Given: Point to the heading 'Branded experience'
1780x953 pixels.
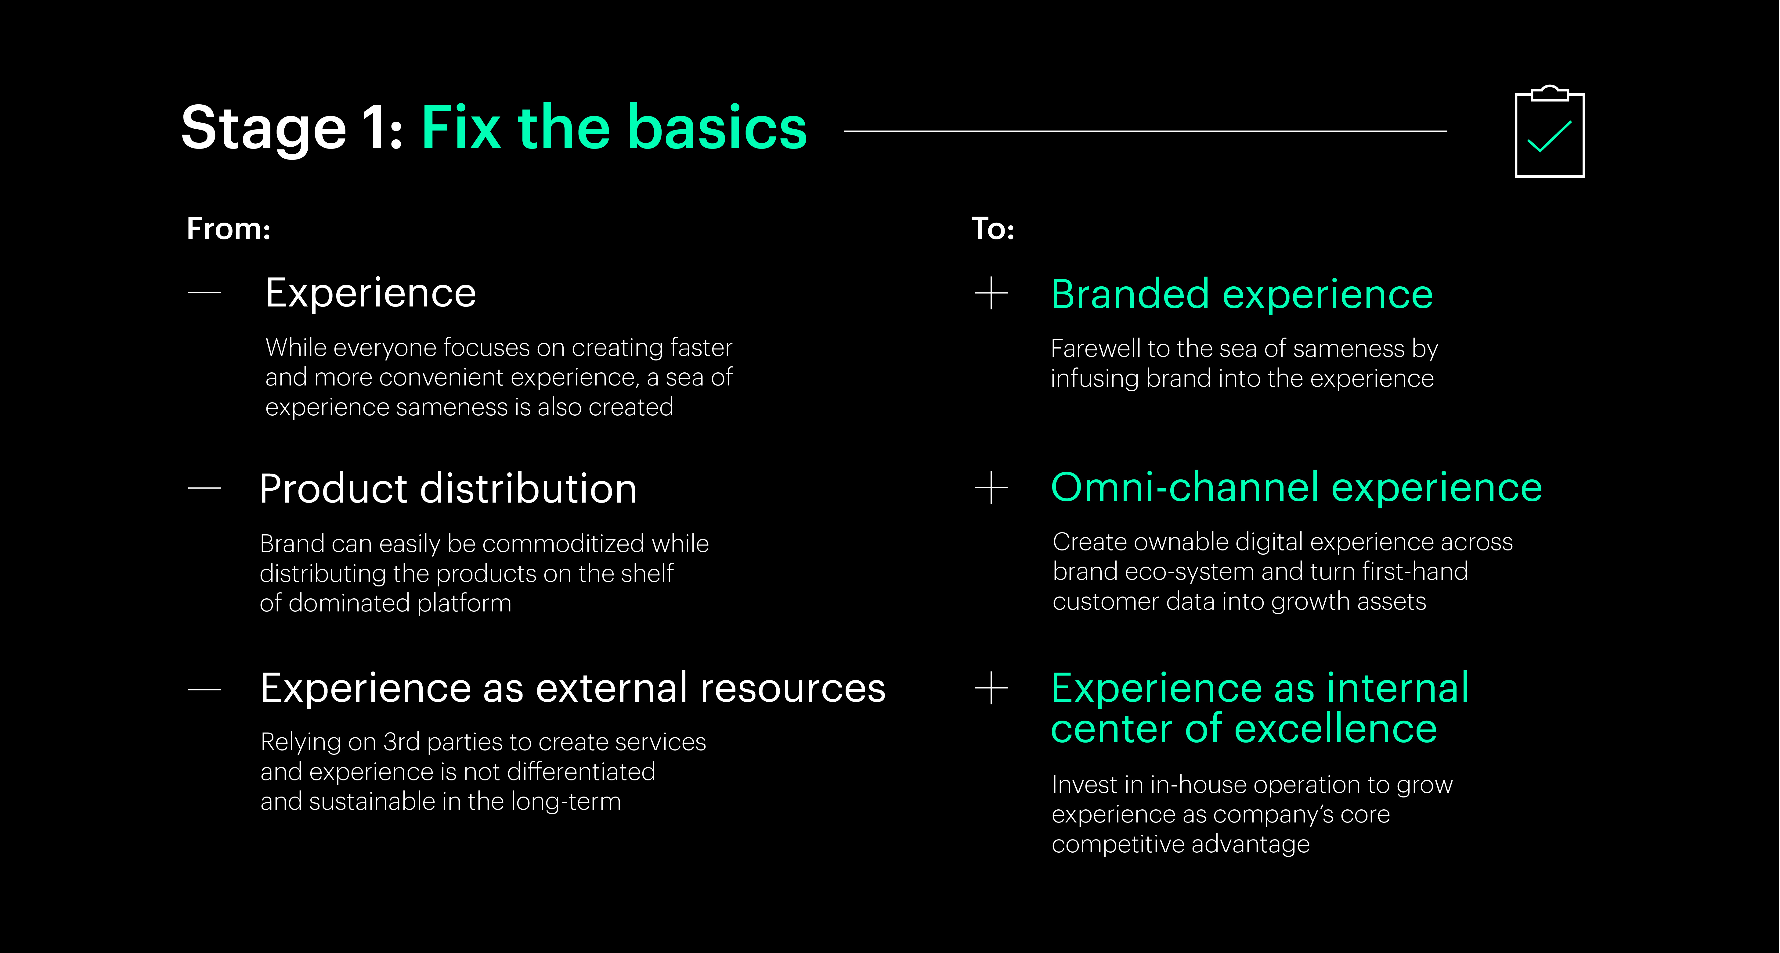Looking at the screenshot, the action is (x=1242, y=295).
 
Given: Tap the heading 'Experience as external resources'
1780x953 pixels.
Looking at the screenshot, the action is (x=573, y=689).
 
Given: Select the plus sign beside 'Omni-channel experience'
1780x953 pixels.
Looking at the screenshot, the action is (x=991, y=488).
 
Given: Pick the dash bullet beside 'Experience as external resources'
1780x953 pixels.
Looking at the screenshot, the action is (x=204, y=689).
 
